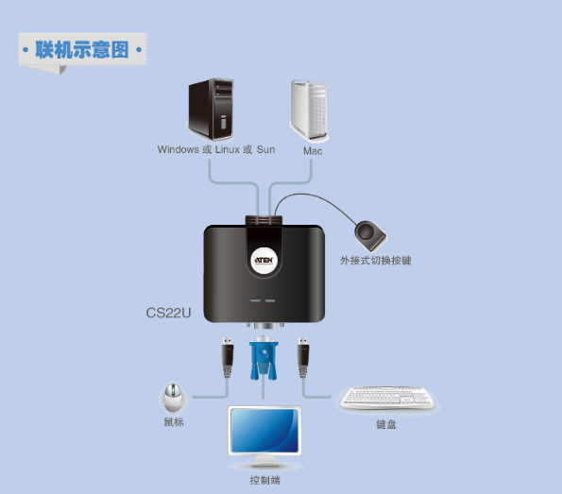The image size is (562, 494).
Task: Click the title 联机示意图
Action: pos(82,49)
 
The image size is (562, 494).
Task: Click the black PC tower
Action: pos(212,110)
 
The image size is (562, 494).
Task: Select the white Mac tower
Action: pos(309,111)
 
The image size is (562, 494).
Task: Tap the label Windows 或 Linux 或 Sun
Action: pos(216,149)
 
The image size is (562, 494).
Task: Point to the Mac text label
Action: pos(313,151)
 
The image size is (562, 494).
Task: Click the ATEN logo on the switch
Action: pos(264,261)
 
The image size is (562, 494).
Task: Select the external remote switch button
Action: pos(370,235)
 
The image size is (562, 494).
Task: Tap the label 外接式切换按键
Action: pos(375,261)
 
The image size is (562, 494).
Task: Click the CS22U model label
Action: pos(168,313)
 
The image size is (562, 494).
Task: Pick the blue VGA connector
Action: pos(264,358)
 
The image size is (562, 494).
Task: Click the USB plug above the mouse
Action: pos(228,357)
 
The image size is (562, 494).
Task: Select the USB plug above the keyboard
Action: pos(303,357)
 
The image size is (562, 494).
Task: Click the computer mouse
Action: pos(173,398)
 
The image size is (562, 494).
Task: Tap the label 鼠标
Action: pos(174,422)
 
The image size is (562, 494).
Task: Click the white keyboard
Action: pos(387,399)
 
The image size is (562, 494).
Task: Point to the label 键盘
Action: pos(386,424)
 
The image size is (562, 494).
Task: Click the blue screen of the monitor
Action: pos(264,431)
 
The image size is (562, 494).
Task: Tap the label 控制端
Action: pos(264,480)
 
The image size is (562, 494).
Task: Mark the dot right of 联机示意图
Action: pos(138,49)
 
